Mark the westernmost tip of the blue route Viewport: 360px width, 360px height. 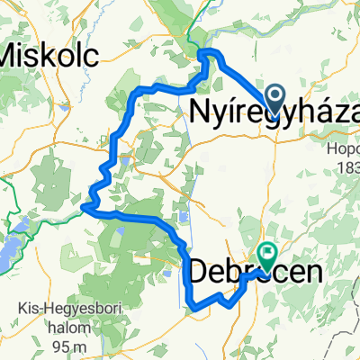click(83, 208)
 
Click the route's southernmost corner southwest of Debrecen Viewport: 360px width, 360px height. click(193, 308)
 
